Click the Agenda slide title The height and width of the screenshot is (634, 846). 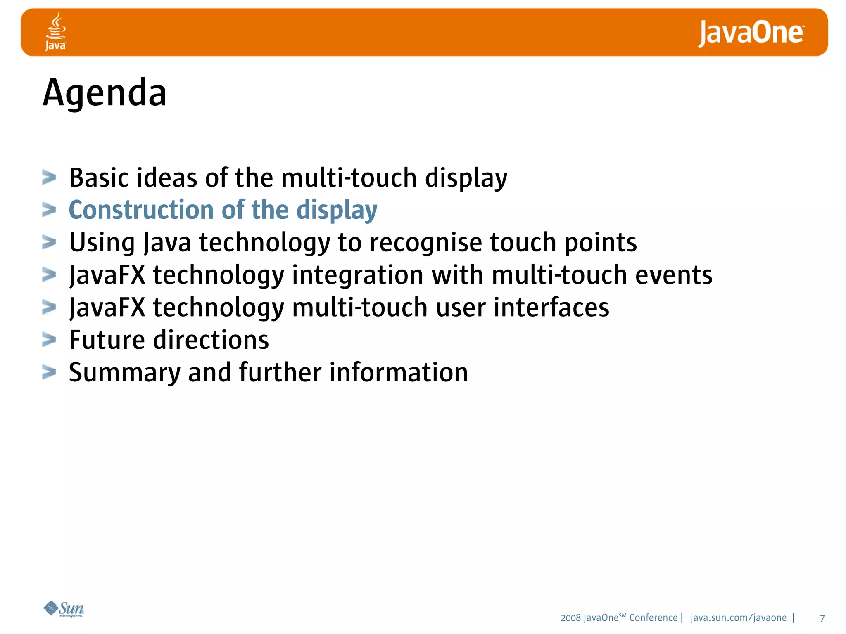click(105, 93)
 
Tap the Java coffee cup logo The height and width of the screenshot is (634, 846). click(56, 31)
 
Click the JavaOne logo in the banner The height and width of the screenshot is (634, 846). click(751, 33)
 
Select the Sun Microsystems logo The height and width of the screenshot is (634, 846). click(64, 609)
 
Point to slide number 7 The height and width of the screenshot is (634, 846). click(822, 618)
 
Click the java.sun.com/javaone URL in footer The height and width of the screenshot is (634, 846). click(738, 618)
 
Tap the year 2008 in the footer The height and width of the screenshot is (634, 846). click(570, 618)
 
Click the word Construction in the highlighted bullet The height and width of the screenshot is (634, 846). click(141, 210)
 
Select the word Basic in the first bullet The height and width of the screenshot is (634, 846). click(99, 178)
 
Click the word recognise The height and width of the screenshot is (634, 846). click(425, 242)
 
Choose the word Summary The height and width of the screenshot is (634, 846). click(124, 373)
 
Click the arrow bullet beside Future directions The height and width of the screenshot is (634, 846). click(49, 340)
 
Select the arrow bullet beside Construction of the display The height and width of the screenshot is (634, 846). click(49, 210)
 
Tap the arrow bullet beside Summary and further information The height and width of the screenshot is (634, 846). click(49, 372)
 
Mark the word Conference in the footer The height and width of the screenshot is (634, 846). click(653, 618)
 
